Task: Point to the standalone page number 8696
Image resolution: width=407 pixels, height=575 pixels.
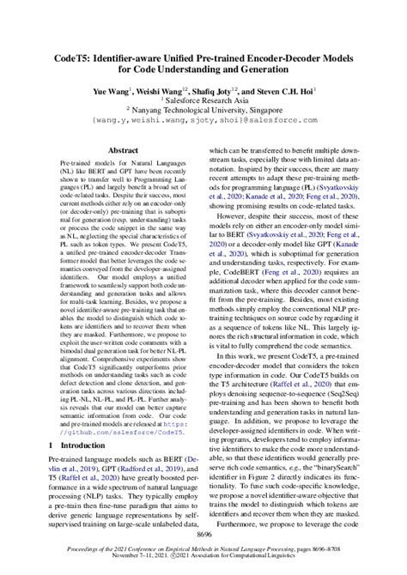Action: click(203, 535)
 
